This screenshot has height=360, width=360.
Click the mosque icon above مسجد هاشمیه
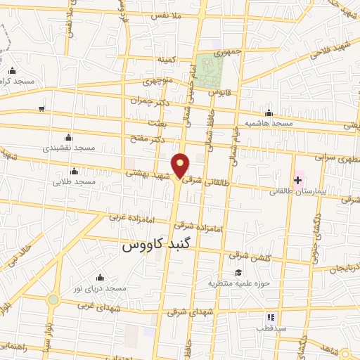269,113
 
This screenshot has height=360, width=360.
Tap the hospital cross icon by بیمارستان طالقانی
298,181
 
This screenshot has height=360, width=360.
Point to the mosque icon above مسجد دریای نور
99,277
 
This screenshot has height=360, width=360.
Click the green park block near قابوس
209,72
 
